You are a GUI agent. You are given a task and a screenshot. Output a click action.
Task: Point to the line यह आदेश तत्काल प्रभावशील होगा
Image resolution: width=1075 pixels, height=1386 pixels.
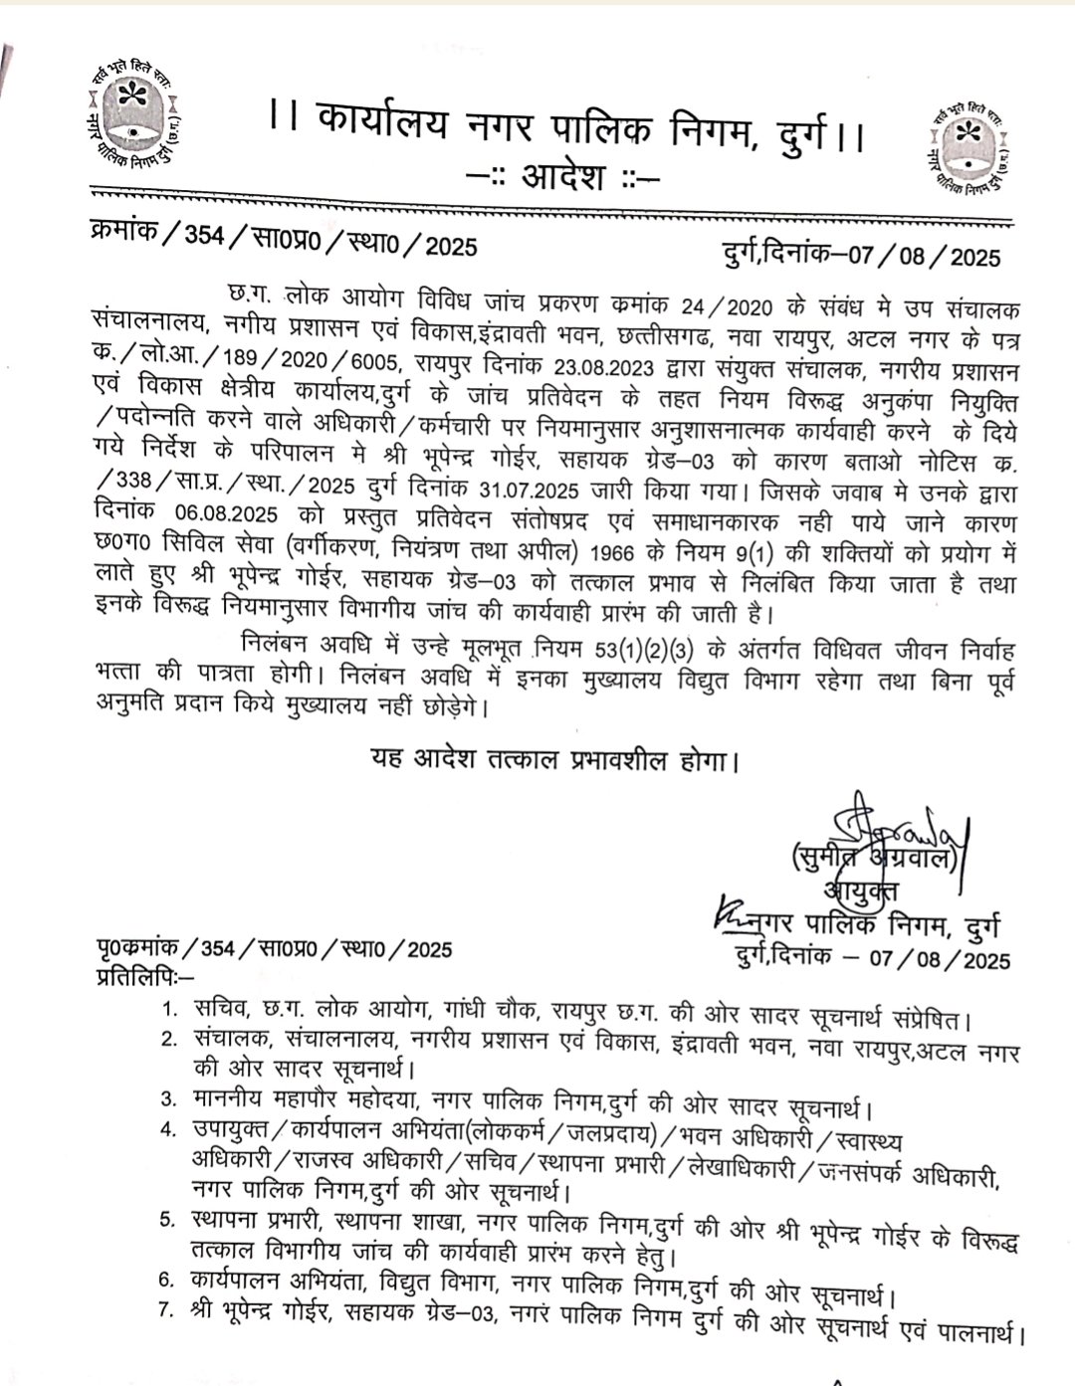[x=554, y=761]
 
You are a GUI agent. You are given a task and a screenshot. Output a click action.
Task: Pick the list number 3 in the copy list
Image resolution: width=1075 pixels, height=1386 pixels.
[x=169, y=1099]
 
